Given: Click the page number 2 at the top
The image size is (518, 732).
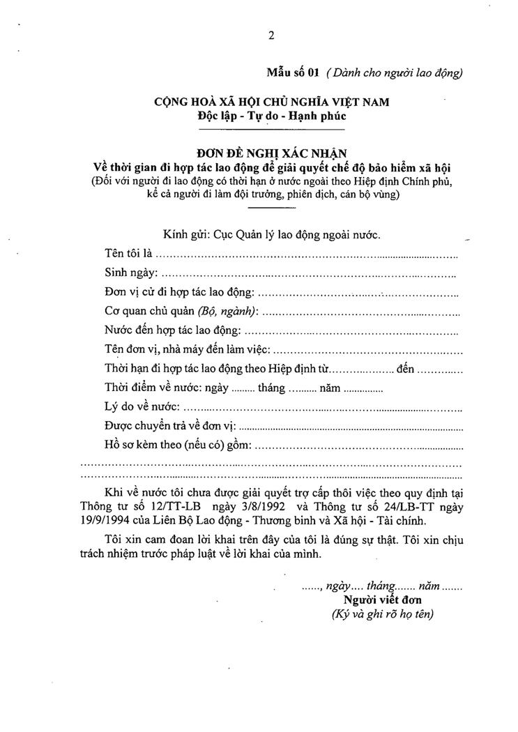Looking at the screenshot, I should click(x=271, y=37).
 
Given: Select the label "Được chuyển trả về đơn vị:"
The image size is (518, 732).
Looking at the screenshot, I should click(x=171, y=426).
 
